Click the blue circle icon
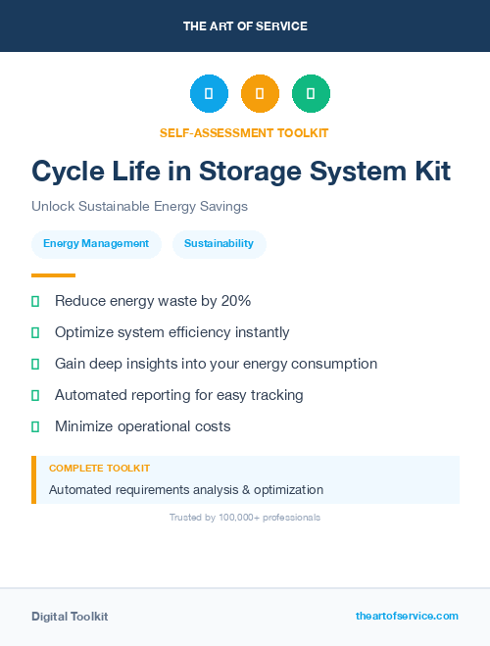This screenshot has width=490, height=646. pyautogui.click(x=209, y=93)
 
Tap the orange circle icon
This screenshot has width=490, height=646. pyautogui.click(x=260, y=93)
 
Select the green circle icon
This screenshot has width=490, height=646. pyautogui.click(x=311, y=93)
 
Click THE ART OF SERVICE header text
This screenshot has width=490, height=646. pyautogui.click(x=245, y=26)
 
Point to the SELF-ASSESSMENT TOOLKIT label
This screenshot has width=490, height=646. pyautogui.click(x=244, y=132)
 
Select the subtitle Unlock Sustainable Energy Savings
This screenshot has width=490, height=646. pyautogui.click(x=139, y=207)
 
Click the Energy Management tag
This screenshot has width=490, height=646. pyautogui.click(x=96, y=243)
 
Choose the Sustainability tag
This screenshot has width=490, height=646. pyautogui.click(x=219, y=243)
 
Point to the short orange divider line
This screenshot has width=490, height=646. pyautogui.click(x=53, y=275)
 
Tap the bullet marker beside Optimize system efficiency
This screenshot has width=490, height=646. pyautogui.click(x=35, y=332)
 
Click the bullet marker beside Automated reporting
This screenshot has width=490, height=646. pyautogui.click(x=35, y=395)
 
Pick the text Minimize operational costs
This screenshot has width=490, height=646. pyautogui.click(x=143, y=426)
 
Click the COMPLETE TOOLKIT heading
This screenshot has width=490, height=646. pyautogui.click(x=99, y=469)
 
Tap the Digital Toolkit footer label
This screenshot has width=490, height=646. pyautogui.click(x=70, y=617)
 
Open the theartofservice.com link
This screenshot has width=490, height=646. pyautogui.click(x=407, y=616)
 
